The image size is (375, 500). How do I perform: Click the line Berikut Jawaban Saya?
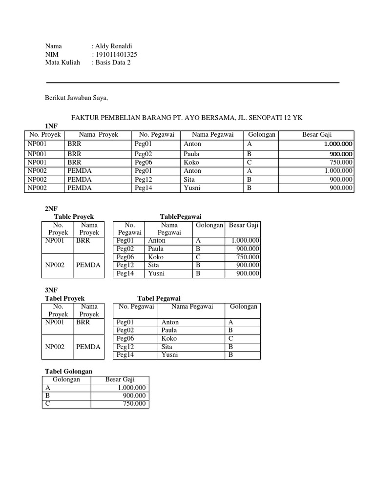pyautogui.click(x=76, y=98)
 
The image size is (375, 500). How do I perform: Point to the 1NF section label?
pyautogui.click(x=51, y=126)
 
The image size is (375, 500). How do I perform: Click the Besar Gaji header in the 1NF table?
pyautogui.click(x=320, y=134)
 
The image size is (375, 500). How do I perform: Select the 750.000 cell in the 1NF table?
pyautogui.click(x=341, y=162)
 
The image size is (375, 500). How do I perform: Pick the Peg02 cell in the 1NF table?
pyautogui.click(x=144, y=154)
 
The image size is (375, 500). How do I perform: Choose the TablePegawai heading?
pyautogui.click(x=181, y=216)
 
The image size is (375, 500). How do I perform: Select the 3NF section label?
pyautogui.click(x=51, y=290)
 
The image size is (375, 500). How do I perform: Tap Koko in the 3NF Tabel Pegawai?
pyautogui.click(x=169, y=338)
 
